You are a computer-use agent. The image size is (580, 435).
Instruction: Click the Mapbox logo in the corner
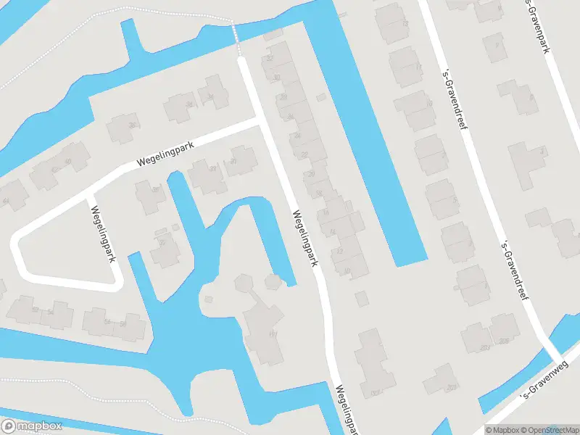click(31, 426)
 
